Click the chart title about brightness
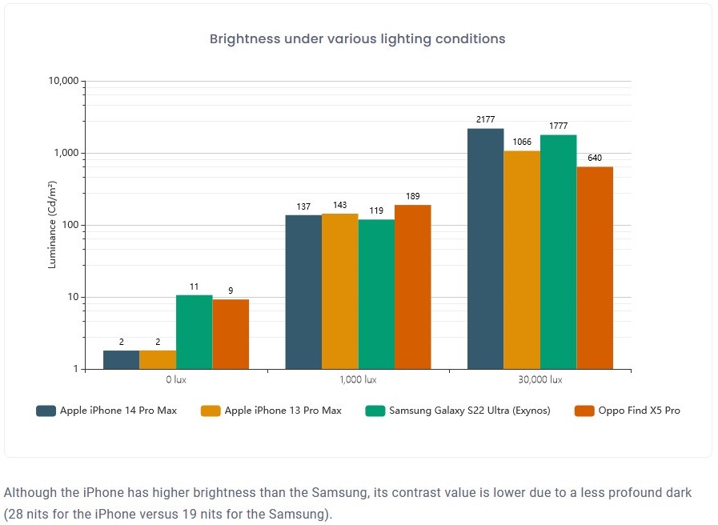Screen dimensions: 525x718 point(357,38)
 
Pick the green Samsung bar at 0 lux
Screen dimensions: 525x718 point(194,332)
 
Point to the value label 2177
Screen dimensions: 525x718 point(485,119)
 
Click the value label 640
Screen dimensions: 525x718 point(595,158)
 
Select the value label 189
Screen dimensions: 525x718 point(412,196)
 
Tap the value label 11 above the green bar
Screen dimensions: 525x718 point(194,286)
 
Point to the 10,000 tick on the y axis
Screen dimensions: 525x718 point(63,82)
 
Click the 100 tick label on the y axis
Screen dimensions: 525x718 point(69,226)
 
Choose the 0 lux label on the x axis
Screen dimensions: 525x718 point(176,379)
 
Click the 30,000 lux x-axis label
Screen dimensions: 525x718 point(540,379)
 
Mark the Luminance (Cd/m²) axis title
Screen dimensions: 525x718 point(53,225)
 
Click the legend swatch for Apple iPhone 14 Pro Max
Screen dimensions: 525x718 point(45,411)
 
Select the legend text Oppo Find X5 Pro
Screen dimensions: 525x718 point(638,411)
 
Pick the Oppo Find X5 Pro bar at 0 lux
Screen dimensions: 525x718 point(231,334)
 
